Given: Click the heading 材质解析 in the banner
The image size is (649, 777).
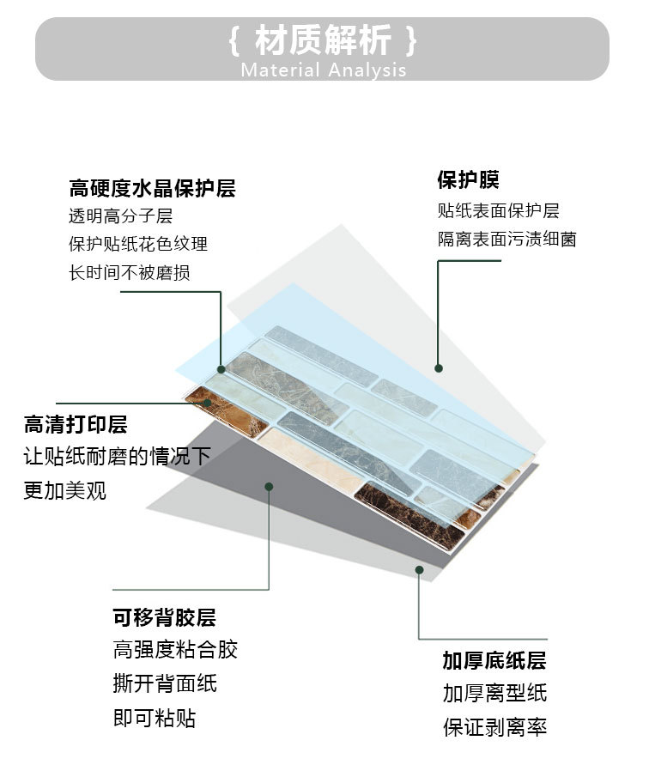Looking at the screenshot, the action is pyautogui.click(x=324, y=40).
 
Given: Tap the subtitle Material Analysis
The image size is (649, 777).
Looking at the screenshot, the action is pyautogui.click(x=324, y=70).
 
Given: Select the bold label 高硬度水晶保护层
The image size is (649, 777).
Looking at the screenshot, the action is pyautogui.click(x=152, y=188).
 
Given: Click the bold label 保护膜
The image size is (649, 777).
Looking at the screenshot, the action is pyautogui.click(x=468, y=180).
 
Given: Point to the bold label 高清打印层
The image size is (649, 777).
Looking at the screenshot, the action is pyautogui.click(x=76, y=424).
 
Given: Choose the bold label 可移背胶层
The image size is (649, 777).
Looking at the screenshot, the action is pyautogui.click(x=164, y=617).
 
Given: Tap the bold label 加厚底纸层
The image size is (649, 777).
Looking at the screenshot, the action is pyautogui.click(x=494, y=660).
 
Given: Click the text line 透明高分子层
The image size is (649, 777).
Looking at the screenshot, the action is pyautogui.click(x=120, y=216).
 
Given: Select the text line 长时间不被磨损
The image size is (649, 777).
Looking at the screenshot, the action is pyautogui.click(x=130, y=273).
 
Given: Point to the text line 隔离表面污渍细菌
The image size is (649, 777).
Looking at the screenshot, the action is pyautogui.click(x=506, y=240).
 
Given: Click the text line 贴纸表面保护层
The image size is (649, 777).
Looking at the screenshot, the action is pyautogui.click(x=498, y=210).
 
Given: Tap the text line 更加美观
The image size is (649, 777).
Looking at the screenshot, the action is pyautogui.click(x=65, y=491).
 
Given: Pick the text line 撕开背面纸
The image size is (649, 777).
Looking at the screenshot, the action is pyautogui.click(x=165, y=683).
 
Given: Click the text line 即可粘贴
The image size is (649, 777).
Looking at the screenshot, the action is pyautogui.click(x=155, y=718).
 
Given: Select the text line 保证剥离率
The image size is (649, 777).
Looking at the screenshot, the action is pyautogui.click(x=494, y=727).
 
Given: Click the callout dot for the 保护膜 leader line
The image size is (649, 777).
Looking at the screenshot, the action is pyautogui.click(x=439, y=368).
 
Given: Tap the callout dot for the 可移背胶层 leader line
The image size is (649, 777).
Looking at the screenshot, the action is pyautogui.click(x=269, y=487).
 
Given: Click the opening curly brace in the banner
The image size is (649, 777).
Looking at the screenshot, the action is pyautogui.click(x=234, y=40).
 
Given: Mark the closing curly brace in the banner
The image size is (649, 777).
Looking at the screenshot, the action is pyautogui.click(x=413, y=40).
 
